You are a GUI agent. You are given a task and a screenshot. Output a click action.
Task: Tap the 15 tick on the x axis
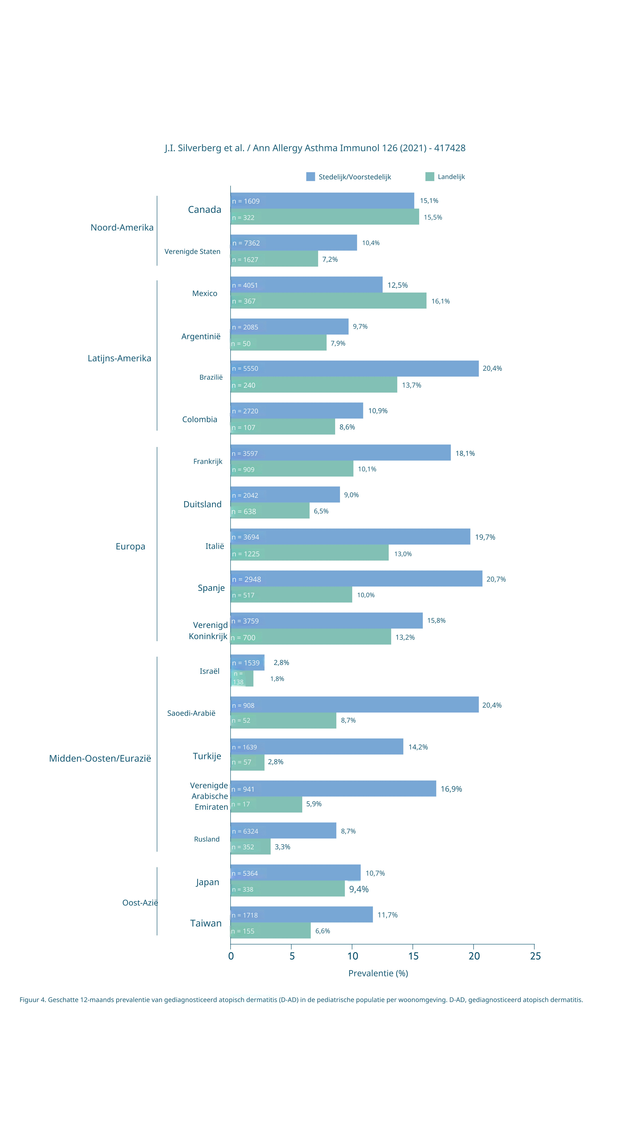pos(413,956)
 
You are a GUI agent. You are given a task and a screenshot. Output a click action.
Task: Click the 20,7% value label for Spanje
pos(496,579)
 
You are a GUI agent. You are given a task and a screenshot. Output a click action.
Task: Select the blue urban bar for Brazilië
pos(354,369)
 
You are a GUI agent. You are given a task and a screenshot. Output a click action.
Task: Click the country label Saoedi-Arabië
pos(191,713)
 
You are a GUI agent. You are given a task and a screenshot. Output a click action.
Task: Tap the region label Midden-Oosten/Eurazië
pos(100,759)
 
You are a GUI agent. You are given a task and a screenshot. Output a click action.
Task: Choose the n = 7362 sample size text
pos(246,243)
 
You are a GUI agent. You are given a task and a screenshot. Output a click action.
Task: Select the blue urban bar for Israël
pos(247,662)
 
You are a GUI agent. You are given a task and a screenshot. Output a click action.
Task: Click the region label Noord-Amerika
pos(122,227)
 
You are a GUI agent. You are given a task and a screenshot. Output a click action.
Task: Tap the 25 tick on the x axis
pos(535,956)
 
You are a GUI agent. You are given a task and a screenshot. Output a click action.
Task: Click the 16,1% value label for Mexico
pos(440,301)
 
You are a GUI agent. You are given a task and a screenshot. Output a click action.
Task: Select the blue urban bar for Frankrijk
pos(340,453)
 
